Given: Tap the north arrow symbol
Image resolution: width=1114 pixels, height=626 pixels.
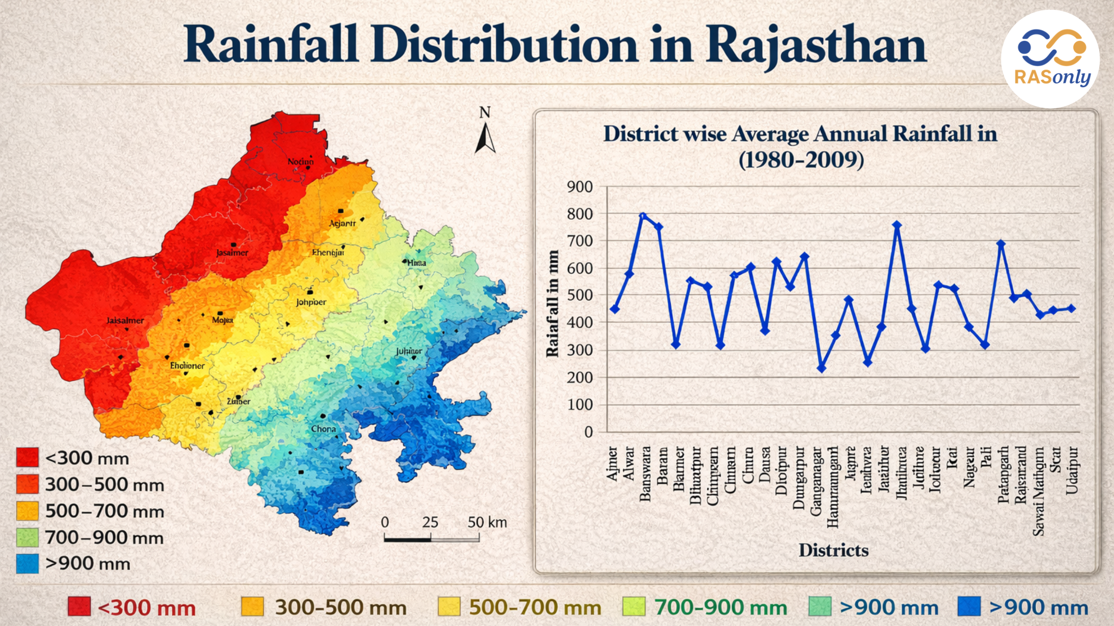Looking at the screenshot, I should (x=485, y=138).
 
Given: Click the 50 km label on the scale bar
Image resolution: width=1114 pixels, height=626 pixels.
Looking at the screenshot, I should (x=487, y=523).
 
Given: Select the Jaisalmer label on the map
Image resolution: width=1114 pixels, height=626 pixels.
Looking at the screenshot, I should (x=125, y=320).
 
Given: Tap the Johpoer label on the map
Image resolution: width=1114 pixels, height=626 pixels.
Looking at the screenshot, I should (x=311, y=302).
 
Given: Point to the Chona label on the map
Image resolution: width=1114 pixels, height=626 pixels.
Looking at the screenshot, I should (x=324, y=429).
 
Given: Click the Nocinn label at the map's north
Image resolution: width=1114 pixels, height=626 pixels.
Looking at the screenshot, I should (x=300, y=161).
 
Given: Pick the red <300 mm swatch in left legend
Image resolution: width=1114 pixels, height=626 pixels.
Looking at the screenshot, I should (x=27, y=457).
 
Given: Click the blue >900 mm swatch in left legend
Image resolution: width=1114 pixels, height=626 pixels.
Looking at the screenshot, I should (x=27, y=563).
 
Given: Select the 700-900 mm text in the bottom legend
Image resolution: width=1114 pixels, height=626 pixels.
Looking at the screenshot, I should (x=720, y=607).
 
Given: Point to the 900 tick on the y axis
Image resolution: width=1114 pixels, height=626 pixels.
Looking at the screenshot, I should (x=580, y=187).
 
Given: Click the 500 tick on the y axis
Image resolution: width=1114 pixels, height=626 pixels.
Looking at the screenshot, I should (x=580, y=295).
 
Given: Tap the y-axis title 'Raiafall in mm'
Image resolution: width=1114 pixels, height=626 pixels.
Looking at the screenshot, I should (x=552, y=304).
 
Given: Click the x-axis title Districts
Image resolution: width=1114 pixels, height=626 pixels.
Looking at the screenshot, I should (x=833, y=550).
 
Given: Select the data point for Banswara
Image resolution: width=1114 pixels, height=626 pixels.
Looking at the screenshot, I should (x=643, y=216).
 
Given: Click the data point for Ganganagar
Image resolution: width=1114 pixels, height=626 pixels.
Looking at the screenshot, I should (x=821, y=368).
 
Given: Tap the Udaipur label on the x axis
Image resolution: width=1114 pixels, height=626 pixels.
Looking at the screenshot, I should (x=1072, y=470).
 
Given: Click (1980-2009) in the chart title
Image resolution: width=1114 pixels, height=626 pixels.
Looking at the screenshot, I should (x=801, y=160).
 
